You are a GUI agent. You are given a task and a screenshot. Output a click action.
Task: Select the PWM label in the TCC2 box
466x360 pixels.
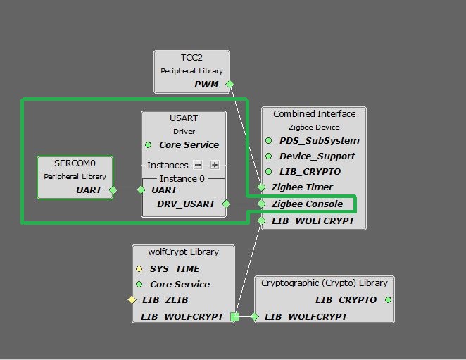[x=206, y=85]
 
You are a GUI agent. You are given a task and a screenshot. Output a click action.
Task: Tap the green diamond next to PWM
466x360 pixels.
[x=229, y=85]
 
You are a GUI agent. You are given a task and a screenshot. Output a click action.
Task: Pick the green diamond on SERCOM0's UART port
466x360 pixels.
[x=113, y=190]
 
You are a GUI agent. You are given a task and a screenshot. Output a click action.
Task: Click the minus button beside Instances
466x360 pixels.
[x=198, y=165]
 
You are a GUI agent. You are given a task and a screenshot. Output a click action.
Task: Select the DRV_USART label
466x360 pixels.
[x=185, y=204]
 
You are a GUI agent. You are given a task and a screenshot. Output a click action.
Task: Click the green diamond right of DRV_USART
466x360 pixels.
[x=226, y=204]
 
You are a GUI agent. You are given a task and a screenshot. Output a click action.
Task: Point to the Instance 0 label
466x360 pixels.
[x=183, y=179]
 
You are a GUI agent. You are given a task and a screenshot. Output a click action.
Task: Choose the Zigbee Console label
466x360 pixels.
[x=307, y=204]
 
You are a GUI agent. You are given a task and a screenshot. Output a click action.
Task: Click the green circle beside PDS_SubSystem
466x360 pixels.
[x=268, y=141]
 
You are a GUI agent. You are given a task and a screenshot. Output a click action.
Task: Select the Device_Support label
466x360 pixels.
[x=317, y=156]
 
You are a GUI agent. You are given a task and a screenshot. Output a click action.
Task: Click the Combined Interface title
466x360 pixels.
[x=315, y=114]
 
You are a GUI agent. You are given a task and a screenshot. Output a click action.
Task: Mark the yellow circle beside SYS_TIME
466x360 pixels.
[x=139, y=269]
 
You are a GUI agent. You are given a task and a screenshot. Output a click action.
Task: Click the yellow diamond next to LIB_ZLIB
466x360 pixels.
[x=131, y=300]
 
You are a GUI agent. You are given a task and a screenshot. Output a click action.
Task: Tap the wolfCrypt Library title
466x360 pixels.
[x=183, y=252]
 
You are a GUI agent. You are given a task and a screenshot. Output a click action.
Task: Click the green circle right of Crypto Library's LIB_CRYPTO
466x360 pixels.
[x=388, y=300]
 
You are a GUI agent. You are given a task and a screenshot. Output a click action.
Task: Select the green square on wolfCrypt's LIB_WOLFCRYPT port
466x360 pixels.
[x=234, y=317]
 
